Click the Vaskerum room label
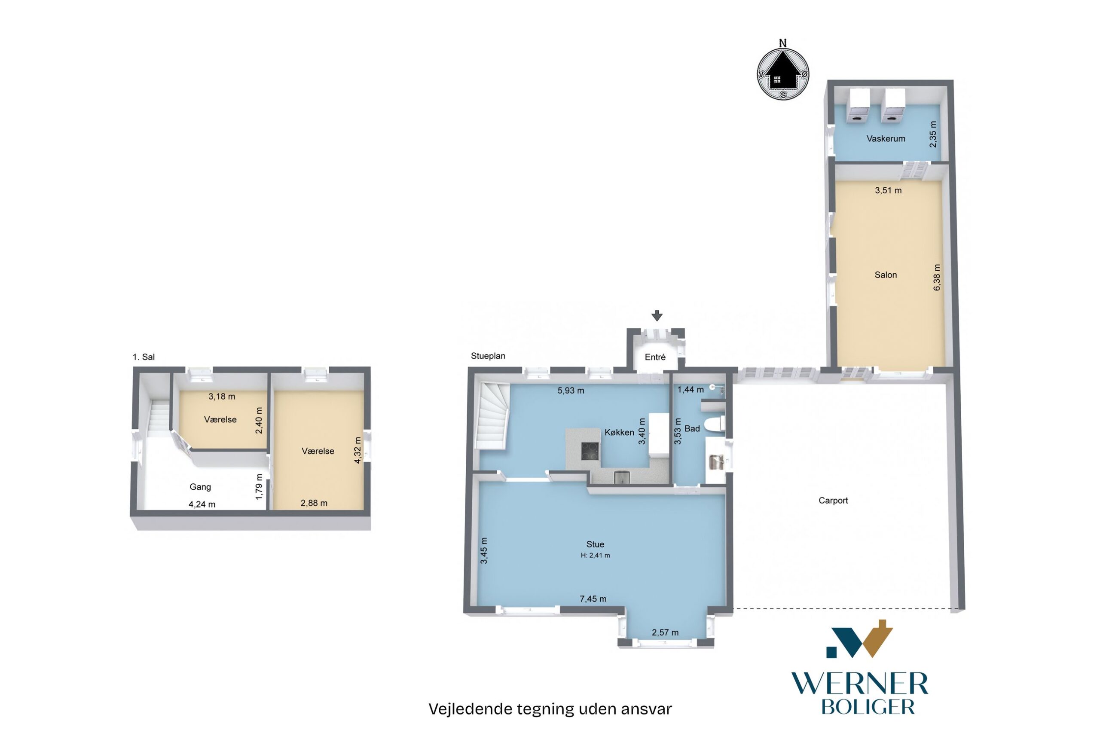coord(886,138)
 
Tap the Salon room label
coord(886,275)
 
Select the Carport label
coord(833,500)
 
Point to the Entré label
coord(655,357)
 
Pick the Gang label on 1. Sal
coord(200,487)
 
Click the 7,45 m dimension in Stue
coord(593,599)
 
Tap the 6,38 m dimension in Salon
coord(936,278)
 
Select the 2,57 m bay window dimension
coord(665,632)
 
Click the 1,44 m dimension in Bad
coord(691,389)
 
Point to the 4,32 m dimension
coord(357,450)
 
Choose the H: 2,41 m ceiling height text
coord(595,556)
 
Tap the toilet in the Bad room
coord(714,425)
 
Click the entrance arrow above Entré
coord(657,316)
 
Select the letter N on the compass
coord(782,43)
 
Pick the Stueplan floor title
coord(488,356)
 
